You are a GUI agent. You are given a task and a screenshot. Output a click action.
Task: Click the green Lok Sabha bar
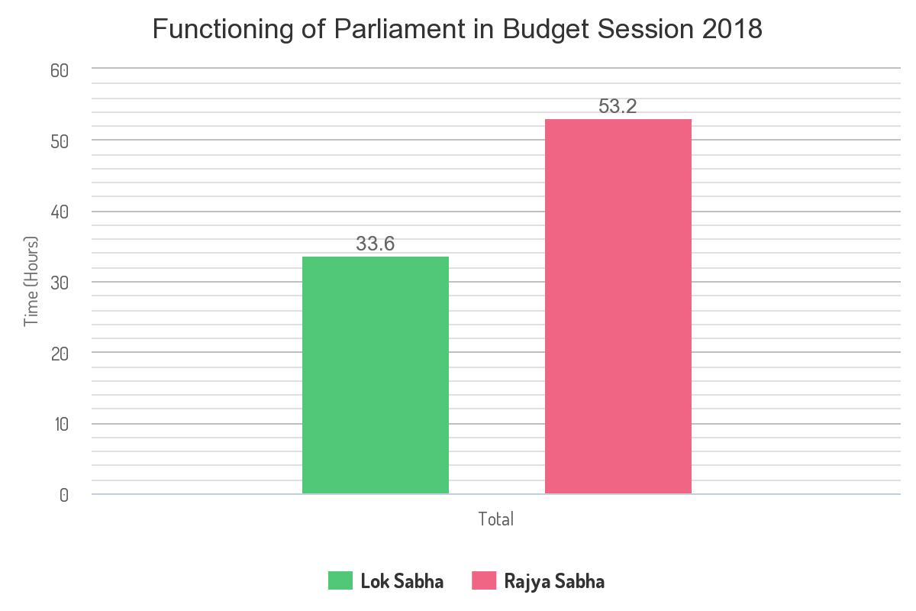click(x=376, y=375)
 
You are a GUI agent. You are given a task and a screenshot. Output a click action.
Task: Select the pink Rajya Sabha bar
click(x=618, y=306)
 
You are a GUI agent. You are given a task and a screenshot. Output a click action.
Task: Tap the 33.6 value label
click(x=376, y=244)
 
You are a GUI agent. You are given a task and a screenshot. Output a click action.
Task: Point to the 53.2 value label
click(x=618, y=107)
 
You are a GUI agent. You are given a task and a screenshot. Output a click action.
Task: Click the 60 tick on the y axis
click(x=60, y=70)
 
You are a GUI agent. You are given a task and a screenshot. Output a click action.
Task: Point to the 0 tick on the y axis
click(x=63, y=495)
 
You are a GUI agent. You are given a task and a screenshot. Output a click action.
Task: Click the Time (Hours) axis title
click(x=31, y=282)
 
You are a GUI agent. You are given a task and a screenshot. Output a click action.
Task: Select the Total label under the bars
click(x=496, y=519)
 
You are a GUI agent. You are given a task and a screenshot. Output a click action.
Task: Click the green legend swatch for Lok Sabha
click(x=340, y=580)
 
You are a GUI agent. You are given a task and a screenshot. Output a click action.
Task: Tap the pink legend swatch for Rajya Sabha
click(x=484, y=580)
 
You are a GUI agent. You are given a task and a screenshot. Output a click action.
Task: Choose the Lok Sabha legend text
click(x=402, y=581)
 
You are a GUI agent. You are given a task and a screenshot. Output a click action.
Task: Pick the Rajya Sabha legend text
click(x=554, y=581)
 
